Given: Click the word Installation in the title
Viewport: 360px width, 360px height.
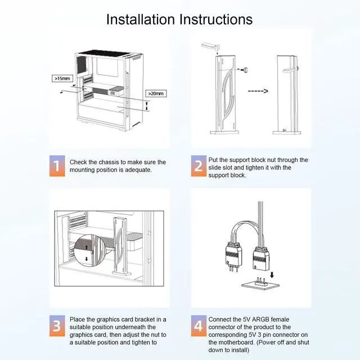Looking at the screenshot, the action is (x=141, y=19).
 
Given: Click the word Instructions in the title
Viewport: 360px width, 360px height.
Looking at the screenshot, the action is (x=216, y=19).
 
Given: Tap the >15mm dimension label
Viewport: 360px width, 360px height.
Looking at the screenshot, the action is (x=62, y=79).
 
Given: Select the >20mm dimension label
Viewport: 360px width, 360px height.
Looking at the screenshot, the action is (x=156, y=93).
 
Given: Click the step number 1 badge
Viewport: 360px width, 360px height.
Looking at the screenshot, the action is (x=57, y=166).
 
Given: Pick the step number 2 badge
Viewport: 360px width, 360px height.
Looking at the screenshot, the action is (x=199, y=166).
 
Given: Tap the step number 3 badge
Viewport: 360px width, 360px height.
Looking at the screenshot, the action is (x=57, y=326).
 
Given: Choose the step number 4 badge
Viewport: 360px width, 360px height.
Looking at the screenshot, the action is (x=199, y=326).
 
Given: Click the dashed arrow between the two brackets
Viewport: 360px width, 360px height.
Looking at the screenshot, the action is (x=258, y=91).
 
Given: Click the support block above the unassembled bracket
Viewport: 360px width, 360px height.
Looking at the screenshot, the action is (x=210, y=46).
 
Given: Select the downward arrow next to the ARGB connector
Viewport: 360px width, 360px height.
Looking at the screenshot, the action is (x=272, y=274).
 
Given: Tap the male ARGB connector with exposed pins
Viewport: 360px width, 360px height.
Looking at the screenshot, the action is (x=234, y=257).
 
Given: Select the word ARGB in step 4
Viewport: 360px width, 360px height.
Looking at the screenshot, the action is (x=260, y=319).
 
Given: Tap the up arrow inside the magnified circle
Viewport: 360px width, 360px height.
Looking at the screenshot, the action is (x=86, y=247).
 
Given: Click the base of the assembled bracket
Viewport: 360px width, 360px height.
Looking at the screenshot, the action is (x=287, y=133).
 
